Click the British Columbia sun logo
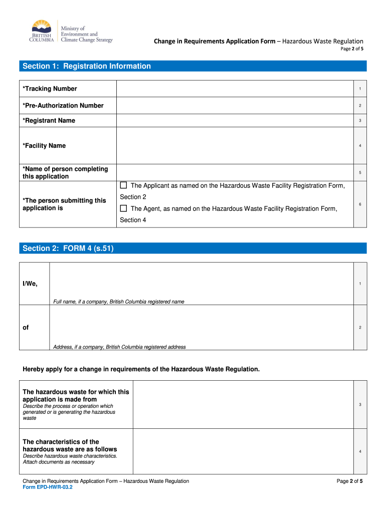41,28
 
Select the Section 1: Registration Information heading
86,66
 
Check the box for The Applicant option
123,186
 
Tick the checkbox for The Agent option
123,208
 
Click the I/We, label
30,284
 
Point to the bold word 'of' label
26,327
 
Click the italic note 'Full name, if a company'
119,302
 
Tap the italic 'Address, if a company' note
119,347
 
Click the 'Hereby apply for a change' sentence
141,369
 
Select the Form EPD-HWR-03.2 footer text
48,487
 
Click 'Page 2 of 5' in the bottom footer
349,481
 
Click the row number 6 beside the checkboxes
360,204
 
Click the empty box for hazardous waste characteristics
243,451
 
